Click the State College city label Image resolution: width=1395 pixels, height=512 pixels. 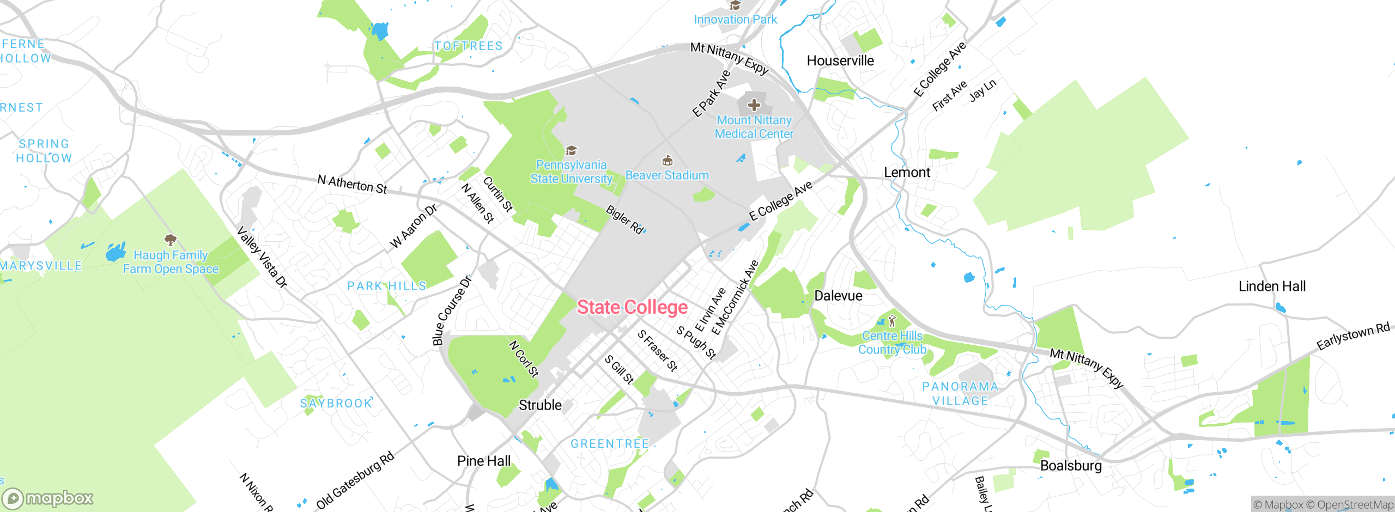click(x=632, y=307)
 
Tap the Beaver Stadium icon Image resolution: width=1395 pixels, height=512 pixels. click(x=667, y=161)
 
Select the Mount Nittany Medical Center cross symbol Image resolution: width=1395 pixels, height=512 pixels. click(x=754, y=105)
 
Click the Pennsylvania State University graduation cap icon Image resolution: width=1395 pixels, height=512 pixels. click(x=571, y=150)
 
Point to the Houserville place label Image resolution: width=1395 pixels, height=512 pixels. click(x=840, y=60)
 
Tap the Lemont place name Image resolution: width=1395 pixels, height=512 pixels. click(x=907, y=173)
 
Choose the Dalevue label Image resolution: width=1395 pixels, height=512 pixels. click(x=838, y=296)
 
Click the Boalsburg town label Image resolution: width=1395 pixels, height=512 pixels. click(x=1071, y=466)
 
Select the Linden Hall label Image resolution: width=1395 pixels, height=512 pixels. click(x=1272, y=287)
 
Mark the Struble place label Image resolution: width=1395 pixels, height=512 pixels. click(x=540, y=405)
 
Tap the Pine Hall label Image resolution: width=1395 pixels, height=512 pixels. click(x=484, y=461)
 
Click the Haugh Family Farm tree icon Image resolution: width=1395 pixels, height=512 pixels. click(x=171, y=240)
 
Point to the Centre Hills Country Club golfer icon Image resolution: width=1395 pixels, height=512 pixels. click(x=892, y=320)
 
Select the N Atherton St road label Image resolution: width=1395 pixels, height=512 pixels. click(x=352, y=184)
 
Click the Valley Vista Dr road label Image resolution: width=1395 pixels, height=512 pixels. click(x=262, y=257)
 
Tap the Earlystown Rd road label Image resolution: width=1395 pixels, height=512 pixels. click(x=1352, y=336)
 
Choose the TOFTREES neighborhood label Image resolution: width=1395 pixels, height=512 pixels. click(x=468, y=46)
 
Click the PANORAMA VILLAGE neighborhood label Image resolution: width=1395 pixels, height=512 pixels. click(x=960, y=393)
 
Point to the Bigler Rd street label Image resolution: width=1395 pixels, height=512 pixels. click(x=625, y=220)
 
